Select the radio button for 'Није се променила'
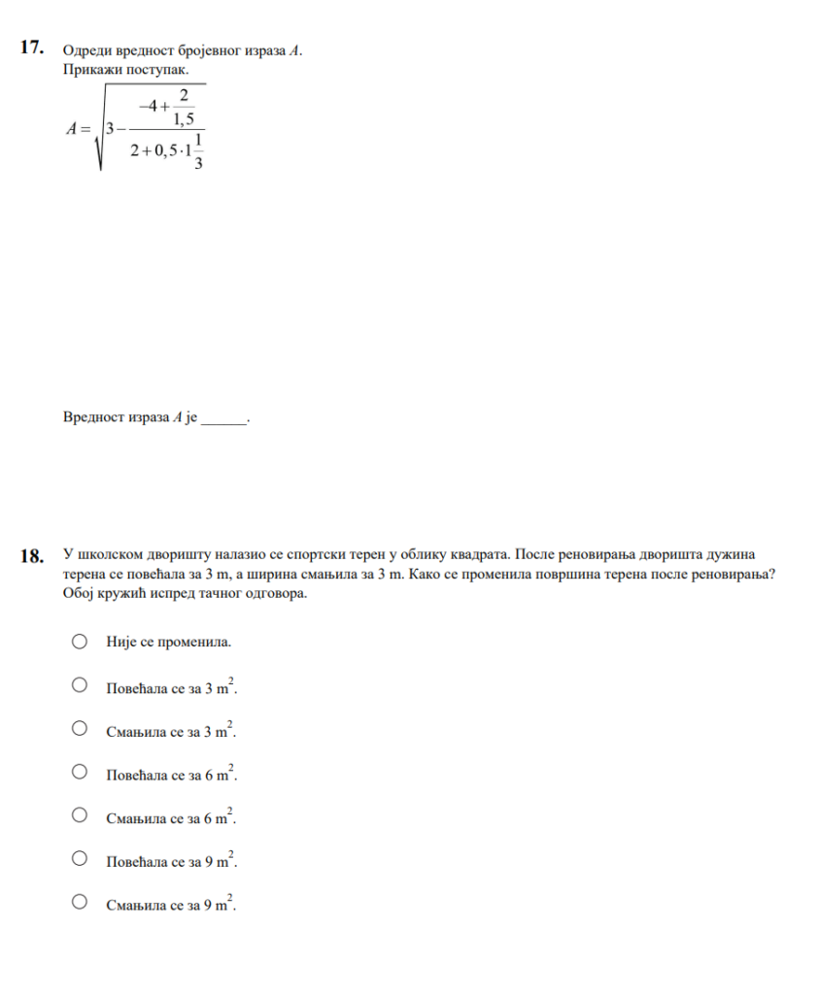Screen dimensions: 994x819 (x=81, y=642)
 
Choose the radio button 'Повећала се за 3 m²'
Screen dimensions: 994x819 (x=81, y=685)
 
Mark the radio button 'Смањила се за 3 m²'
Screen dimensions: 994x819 (x=81, y=728)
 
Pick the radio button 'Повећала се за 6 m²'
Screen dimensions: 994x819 (x=81, y=772)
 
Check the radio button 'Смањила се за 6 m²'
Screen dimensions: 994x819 (x=81, y=814)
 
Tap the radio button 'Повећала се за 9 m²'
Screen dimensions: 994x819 (x=81, y=858)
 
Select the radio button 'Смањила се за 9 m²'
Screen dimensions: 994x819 (x=81, y=902)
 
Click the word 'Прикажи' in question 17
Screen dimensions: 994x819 (x=88, y=70)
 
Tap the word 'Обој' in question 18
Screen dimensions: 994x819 (x=76, y=593)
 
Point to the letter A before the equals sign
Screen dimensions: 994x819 (x=71, y=128)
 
